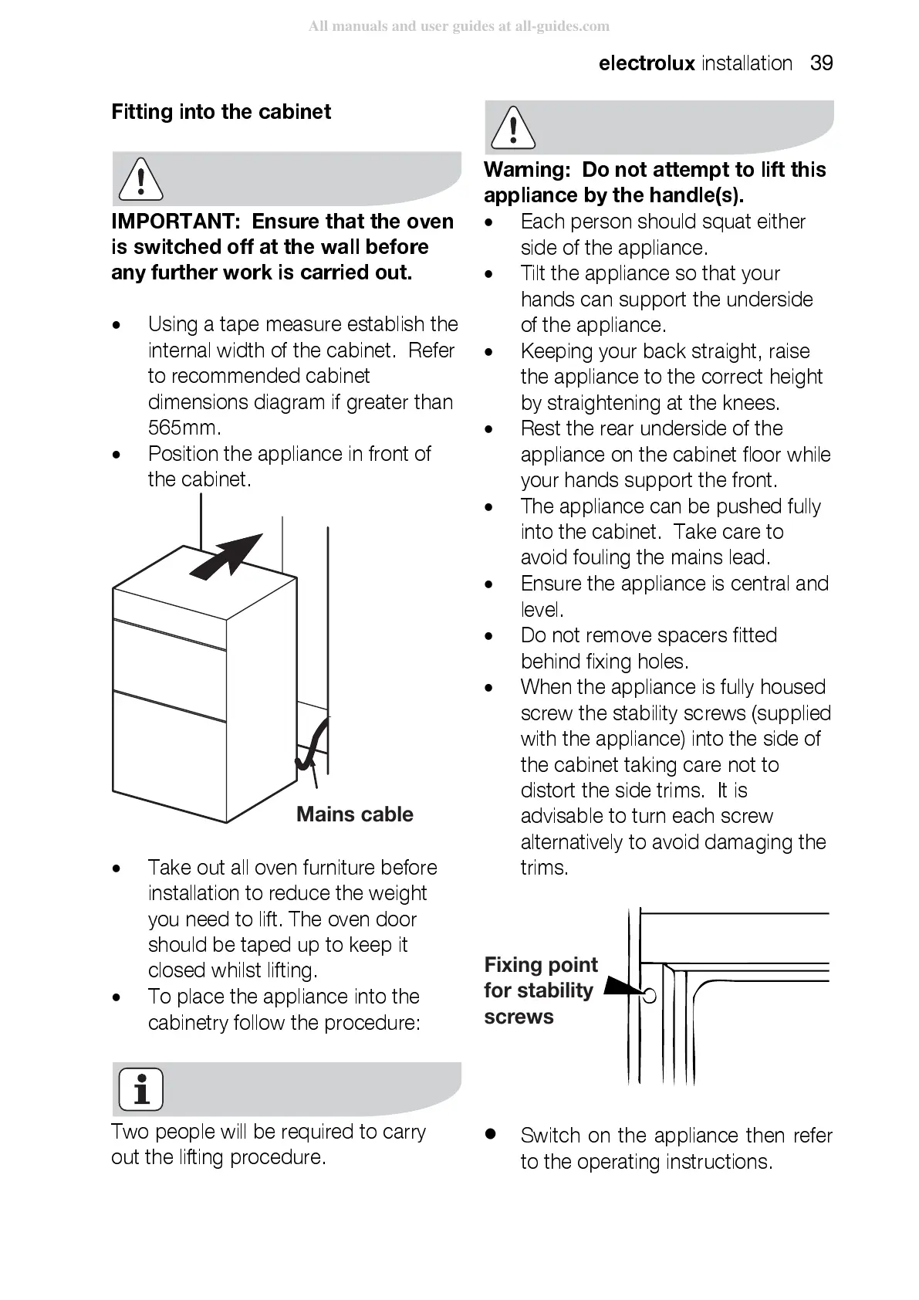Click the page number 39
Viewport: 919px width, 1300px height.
pyautogui.click(x=821, y=63)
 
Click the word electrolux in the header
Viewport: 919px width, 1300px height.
pyautogui.click(x=647, y=63)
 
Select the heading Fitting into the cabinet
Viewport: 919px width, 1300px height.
pyautogui.click(x=221, y=112)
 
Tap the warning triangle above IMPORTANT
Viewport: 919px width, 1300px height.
pyautogui.click(x=140, y=178)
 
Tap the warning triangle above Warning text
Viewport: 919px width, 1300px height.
pyautogui.click(x=512, y=127)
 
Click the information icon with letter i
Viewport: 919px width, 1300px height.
pyautogui.click(x=140, y=1088)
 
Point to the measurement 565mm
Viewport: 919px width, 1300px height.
pyautogui.click(x=184, y=428)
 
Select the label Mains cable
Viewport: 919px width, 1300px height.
pyautogui.click(x=354, y=814)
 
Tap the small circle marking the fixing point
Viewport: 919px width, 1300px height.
pyautogui.click(x=650, y=995)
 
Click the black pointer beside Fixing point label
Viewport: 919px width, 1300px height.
pyautogui.click(x=622, y=987)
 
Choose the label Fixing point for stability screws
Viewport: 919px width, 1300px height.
pyautogui.click(x=539, y=990)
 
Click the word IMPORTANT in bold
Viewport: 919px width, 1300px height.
pyautogui.click(x=176, y=222)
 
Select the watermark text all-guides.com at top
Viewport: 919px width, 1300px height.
pyautogui.click(x=562, y=26)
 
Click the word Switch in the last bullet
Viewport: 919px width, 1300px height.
pyautogui.click(x=550, y=1136)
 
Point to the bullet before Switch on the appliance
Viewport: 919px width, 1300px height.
pyautogui.click(x=488, y=1134)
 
